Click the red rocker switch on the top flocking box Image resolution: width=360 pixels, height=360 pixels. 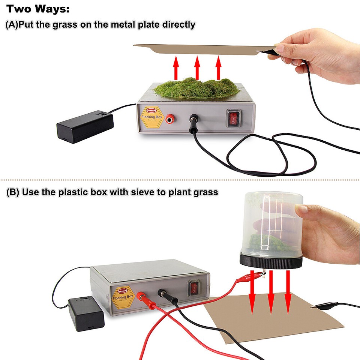(x=234, y=117)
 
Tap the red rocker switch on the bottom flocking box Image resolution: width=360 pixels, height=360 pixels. (x=194, y=288)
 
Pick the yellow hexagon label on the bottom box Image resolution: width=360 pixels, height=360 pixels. (x=123, y=297)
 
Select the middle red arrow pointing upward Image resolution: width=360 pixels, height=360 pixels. (x=197, y=67)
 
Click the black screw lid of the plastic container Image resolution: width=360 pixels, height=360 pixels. (x=271, y=261)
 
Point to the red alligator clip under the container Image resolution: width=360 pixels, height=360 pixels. (x=250, y=278)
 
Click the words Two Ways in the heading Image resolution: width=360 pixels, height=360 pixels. (x=38, y=9)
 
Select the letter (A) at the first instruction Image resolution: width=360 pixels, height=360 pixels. (x=12, y=25)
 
